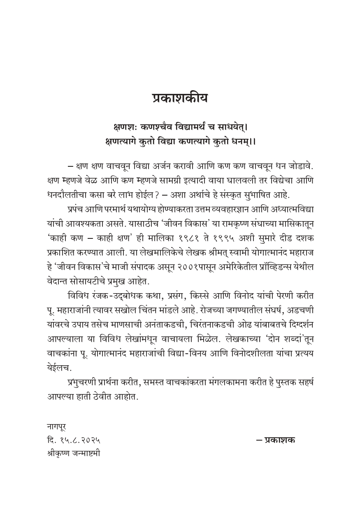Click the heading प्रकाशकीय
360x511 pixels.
tap(180, 99)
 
